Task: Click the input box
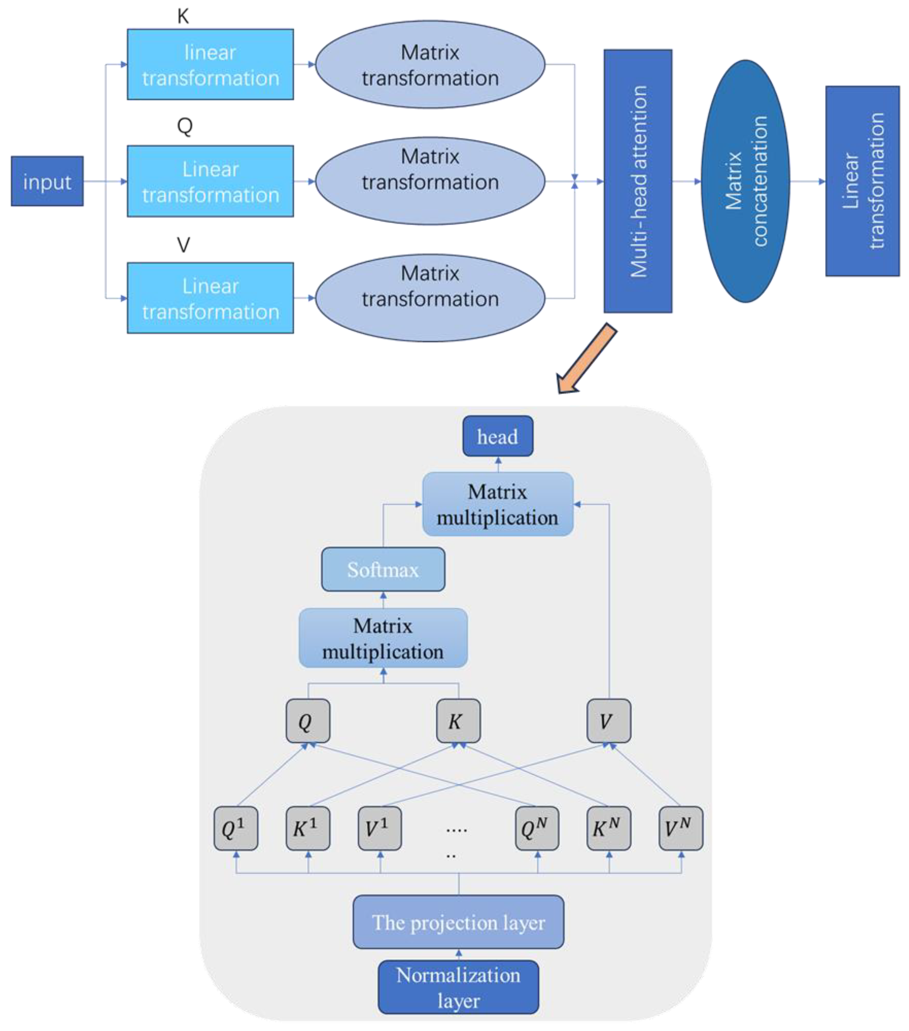click(47, 181)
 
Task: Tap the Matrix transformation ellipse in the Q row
click(430, 181)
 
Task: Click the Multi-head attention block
click(637, 181)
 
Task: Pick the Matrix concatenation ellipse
click(745, 181)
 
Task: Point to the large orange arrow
click(587, 358)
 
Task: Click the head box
click(497, 436)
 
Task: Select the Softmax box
click(382, 570)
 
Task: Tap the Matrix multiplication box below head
click(497, 504)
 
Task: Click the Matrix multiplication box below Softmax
click(382, 638)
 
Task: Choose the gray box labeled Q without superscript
click(308, 721)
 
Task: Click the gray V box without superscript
click(608, 721)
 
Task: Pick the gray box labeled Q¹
click(235, 828)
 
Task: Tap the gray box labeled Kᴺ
click(608, 828)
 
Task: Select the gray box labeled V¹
click(380, 828)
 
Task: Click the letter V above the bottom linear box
click(183, 245)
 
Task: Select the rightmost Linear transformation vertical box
click(862, 181)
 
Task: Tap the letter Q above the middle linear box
click(185, 126)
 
